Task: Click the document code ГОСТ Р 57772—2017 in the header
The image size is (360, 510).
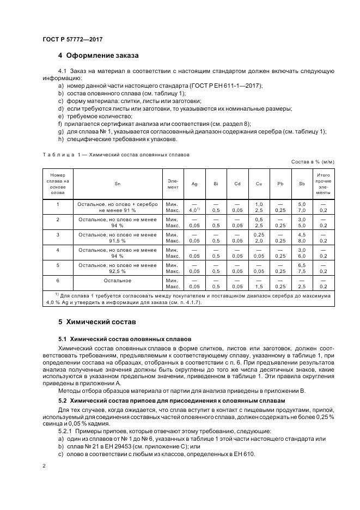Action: [72, 40]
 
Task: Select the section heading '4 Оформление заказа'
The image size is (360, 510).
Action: [98, 56]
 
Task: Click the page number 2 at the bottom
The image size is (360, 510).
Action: [44, 466]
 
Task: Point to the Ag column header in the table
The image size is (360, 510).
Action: [194, 184]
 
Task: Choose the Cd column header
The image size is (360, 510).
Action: [237, 184]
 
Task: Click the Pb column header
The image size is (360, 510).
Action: [280, 184]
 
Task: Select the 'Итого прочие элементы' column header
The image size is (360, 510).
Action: [323, 184]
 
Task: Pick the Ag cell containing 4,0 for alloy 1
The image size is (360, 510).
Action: [194, 207]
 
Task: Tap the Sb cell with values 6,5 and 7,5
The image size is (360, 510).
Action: [302, 268]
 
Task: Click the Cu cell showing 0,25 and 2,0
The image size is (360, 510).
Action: [259, 237]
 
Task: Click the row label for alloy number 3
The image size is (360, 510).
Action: [57, 234]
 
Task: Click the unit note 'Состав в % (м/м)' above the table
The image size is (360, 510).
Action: [313, 162]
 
